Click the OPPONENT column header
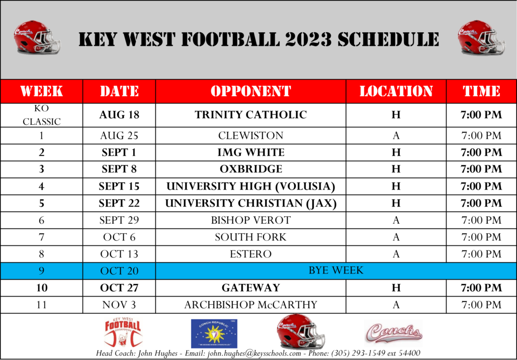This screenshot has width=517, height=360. tap(250, 92)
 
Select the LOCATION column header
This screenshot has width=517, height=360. tap(396, 92)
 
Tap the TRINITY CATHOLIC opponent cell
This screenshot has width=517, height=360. tap(250, 115)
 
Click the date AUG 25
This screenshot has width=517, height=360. tap(119, 135)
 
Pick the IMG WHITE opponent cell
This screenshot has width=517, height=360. tap(250, 152)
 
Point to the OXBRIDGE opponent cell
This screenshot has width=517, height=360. tap(250, 169)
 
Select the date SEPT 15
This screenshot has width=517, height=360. tap(119, 186)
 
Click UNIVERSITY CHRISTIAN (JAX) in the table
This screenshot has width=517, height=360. tap(250, 203)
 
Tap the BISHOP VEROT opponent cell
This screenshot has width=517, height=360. tap(250, 220)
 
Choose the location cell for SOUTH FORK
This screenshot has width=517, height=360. tap(396, 237)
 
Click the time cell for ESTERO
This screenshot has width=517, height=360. tap(481, 254)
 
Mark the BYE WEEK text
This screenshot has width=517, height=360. tap(335, 271)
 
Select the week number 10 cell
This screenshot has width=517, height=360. tap(42, 288)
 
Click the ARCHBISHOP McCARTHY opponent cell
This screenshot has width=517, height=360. tap(250, 305)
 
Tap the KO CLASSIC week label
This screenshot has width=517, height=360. tap(42, 115)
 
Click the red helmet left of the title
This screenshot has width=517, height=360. tap(37, 38)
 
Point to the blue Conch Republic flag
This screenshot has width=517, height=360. tap(214, 334)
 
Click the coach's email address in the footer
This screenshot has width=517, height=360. tap(254, 353)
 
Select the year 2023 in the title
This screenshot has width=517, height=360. tap(309, 39)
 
